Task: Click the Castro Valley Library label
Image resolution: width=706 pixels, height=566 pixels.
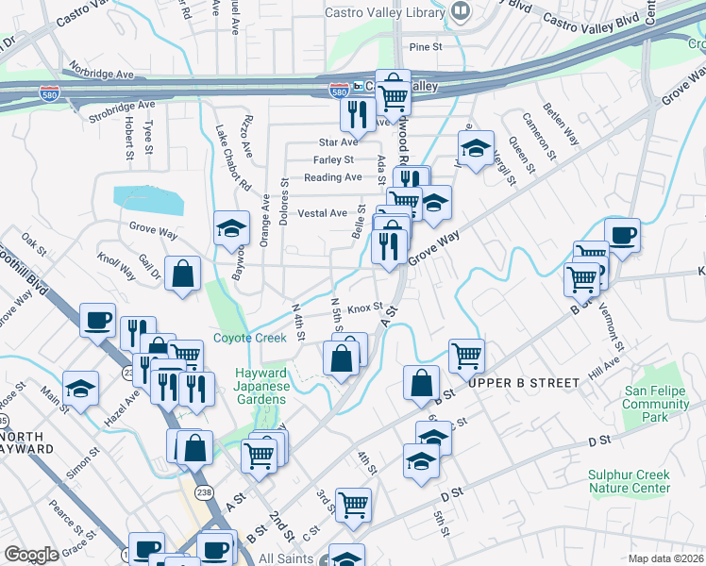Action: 384,13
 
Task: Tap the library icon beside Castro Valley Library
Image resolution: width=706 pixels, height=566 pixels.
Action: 461,12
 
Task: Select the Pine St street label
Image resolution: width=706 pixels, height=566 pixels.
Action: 426,46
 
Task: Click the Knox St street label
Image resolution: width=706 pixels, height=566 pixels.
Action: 363,308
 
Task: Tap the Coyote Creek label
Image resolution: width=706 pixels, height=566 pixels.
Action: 249,338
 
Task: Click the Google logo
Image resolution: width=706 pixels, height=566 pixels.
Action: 31,554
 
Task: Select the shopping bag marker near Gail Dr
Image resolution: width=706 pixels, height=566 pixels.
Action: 182,274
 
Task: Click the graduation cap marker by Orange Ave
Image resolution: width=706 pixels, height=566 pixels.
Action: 230,227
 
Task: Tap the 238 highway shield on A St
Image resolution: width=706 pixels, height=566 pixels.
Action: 203,493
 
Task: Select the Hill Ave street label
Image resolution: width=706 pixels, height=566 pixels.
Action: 604,369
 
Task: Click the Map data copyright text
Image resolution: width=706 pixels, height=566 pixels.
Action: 664,558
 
